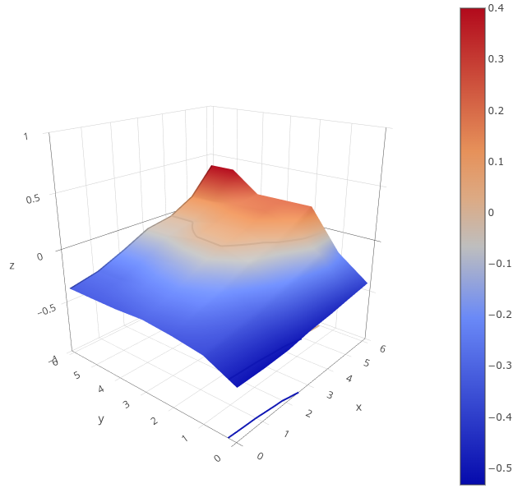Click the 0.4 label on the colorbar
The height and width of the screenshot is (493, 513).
[x=496, y=8]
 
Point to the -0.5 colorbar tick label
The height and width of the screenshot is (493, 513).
[x=498, y=468]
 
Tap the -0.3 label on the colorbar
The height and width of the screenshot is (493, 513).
[x=498, y=366]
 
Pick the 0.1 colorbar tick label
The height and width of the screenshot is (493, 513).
[x=496, y=161]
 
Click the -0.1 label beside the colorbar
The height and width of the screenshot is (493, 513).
[x=498, y=264]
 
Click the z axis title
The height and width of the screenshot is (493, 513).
[x=12, y=265]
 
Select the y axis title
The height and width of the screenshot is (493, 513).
[x=101, y=419]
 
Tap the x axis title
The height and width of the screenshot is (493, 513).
[x=358, y=407]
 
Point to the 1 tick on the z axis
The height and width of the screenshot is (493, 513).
[x=26, y=137]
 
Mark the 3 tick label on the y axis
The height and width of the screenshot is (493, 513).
[x=127, y=405]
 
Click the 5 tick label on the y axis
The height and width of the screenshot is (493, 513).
[x=76, y=375]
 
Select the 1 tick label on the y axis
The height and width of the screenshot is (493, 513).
[x=186, y=439]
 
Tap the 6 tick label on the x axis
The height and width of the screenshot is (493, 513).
[x=383, y=349]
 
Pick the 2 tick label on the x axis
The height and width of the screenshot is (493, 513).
[x=308, y=413]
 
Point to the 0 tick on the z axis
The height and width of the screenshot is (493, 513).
[x=39, y=256]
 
